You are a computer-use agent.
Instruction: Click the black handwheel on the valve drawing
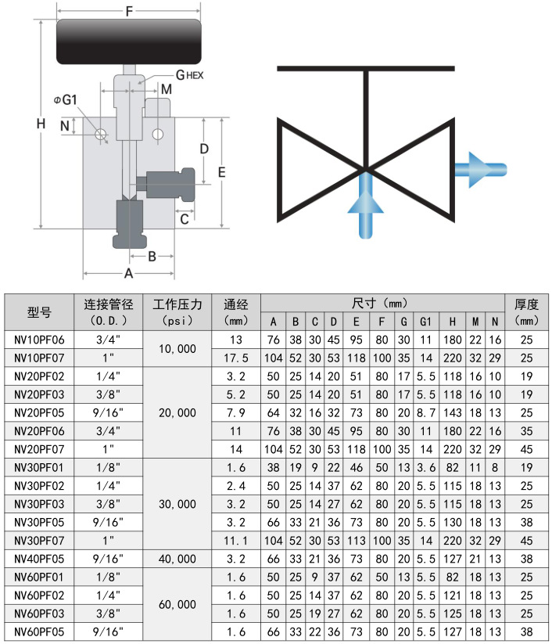coord(129,43)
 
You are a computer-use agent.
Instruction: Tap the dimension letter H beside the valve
coord(41,124)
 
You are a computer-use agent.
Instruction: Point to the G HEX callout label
coord(189,75)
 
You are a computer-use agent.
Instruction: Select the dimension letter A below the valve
coord(129,273)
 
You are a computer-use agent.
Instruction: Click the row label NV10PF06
coord(39,340)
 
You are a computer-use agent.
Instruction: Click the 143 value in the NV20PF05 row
coord(453,412)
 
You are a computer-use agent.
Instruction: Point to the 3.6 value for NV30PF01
coord(425,468)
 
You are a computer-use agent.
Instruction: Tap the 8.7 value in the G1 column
coord(425,412)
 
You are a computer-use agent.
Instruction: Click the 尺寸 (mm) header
coord(382,303)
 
